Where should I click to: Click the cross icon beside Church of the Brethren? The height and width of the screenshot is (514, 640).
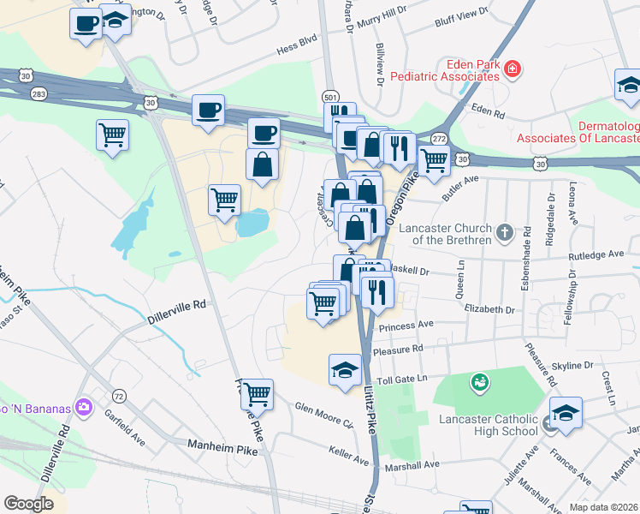coord(505,230)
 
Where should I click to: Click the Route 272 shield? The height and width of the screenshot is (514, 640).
coord(439,138)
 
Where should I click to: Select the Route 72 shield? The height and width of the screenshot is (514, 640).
coord(119,396)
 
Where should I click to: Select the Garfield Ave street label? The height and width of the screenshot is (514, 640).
coord(128,438)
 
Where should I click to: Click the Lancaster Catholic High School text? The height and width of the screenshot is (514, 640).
coord(488,426)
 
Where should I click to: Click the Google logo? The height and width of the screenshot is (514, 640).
coord(28,503)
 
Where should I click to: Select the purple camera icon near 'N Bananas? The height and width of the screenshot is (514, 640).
coord(83,405)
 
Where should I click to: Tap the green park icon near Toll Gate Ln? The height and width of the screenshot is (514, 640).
coord(480,380)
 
